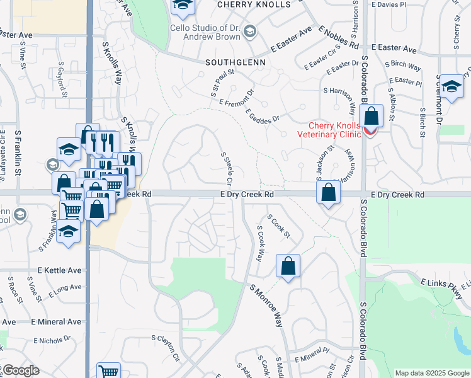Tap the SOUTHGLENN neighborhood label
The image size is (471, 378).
click(235, 63)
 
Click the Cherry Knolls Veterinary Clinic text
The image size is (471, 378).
click(334, 129)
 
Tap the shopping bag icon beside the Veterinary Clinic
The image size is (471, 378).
click(372, 117)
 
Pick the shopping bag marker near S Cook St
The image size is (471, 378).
click(288, 265)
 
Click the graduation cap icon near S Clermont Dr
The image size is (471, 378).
click(451, 87)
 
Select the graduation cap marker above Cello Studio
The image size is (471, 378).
click(183, 5)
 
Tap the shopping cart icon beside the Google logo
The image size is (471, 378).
click(108, 371)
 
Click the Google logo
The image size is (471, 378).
click(21, 371)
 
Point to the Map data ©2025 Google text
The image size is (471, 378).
click(433, 373)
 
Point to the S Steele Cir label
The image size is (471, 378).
click(227, 168)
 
